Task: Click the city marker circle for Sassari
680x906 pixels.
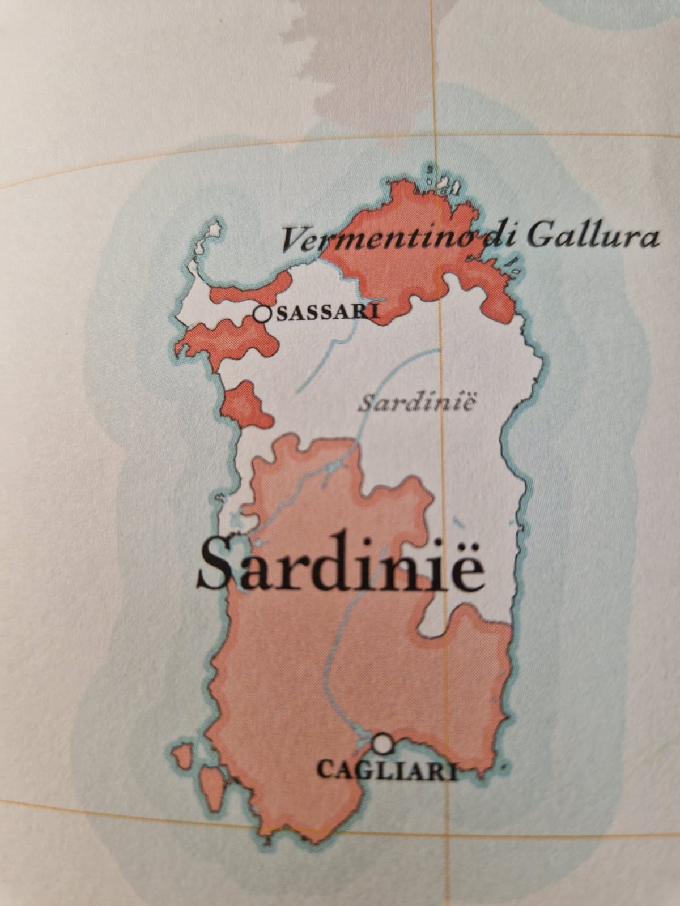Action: point(262,313)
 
